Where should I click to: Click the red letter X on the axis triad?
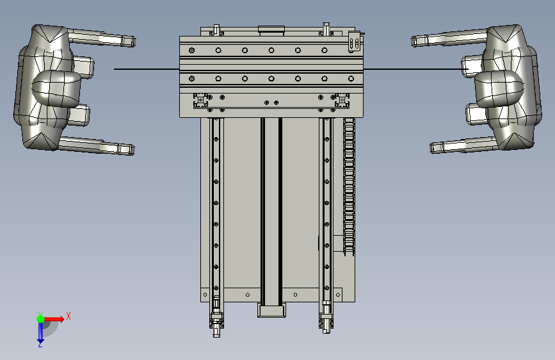point(68,316)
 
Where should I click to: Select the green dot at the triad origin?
point(40,319)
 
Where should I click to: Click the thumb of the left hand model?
point(56,88)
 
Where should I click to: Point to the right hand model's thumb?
point(499,88)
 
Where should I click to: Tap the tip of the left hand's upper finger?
point(134,41)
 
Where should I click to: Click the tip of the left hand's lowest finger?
point(133,149)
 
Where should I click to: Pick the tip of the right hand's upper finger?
point(413,41)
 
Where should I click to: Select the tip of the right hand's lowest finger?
point(431,148)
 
